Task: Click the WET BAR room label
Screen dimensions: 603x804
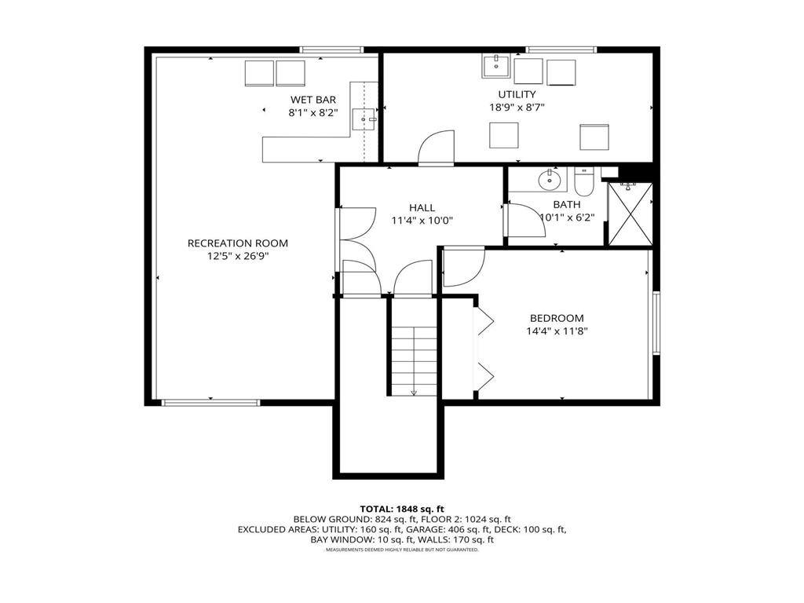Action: (312, 100)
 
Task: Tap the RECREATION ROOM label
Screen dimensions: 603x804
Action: (237, 243)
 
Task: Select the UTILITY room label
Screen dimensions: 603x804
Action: (517, 95)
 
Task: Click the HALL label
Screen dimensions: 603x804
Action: (422, 208)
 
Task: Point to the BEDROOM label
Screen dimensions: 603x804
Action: (557, 318)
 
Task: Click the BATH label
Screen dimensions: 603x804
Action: (566, 205)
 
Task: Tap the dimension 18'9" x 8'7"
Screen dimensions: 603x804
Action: (517, 108)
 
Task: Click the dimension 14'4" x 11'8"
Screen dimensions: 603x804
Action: (557, 331)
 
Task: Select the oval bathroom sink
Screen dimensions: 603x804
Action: (550, 181)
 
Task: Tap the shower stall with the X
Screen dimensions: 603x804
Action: (630, 214)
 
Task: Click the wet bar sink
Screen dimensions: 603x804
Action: (364, 119)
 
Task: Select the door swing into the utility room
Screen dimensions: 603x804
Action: (437, 149)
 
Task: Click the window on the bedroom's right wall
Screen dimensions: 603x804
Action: (656, 323)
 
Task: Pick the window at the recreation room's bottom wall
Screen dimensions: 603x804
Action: (210, 403)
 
